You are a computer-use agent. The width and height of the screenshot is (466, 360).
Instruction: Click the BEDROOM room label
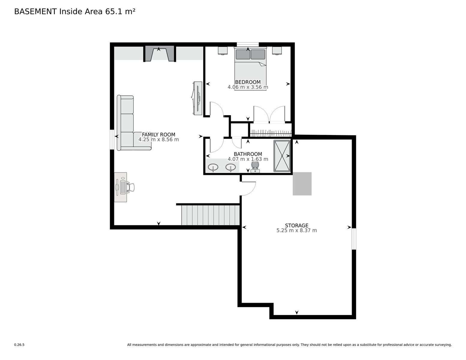(248, 82)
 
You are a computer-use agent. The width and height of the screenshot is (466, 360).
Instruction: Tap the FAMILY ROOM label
(158, 134)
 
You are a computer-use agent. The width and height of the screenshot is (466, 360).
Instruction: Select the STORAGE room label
(296, 225)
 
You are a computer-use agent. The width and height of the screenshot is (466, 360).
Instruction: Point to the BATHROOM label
(248, 154)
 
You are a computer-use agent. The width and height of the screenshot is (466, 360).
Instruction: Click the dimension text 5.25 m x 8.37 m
(296, 230)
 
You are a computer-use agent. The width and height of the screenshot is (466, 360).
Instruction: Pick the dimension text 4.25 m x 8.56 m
(158, 139)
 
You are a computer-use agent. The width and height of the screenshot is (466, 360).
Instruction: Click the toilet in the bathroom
(255, 167)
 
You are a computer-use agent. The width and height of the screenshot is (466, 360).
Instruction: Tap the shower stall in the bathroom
(282, 156)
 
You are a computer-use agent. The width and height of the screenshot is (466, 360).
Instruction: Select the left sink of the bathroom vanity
(213, 167)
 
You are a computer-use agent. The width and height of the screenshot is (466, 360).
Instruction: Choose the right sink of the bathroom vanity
(230, 167)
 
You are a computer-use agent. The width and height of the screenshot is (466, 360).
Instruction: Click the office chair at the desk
(131, 187)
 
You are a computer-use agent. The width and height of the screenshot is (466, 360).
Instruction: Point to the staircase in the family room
(211, 215)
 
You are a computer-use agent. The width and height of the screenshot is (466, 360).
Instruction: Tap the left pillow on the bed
(243, 55)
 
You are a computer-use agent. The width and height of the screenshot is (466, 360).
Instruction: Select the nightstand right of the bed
(277, 51)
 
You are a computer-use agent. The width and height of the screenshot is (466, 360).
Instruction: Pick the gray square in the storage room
(302, 184)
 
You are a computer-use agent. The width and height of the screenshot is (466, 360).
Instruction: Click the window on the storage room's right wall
(354, 239)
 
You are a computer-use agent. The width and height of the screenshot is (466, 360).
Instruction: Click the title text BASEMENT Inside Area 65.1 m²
(75, 12)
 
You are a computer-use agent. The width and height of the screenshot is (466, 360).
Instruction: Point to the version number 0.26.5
(19, 345)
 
